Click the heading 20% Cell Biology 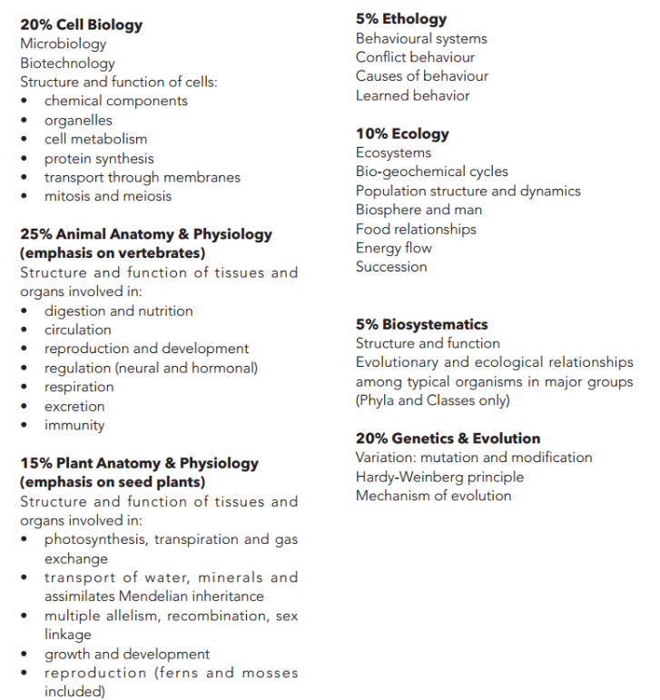click(x=81, y=25)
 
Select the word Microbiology click(x=63, y=44)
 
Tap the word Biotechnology click(x=67, y=63)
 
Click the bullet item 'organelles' click(x=78, y=120)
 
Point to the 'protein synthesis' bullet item click(x=99, y=158)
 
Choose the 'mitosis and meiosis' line click(x=107, y=196)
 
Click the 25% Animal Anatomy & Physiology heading click(x=145, y=234)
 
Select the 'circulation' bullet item click(x=77, y=330)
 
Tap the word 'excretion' click(x=74, y=406)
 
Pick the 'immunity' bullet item click(x=74, y=425)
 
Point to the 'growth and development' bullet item click(x=127, y=654)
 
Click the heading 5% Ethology click(x=401, y=19)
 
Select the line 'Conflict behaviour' click(x=415, y=57)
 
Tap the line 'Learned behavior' click(x=412, y=95)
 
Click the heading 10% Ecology click(x=402, y=134)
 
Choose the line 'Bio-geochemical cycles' click(x=431, y=172)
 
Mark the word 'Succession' click(x=391, y=267)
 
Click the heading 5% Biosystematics click(x=421, y=324)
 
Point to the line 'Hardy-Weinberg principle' click(x=439, y=477)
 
